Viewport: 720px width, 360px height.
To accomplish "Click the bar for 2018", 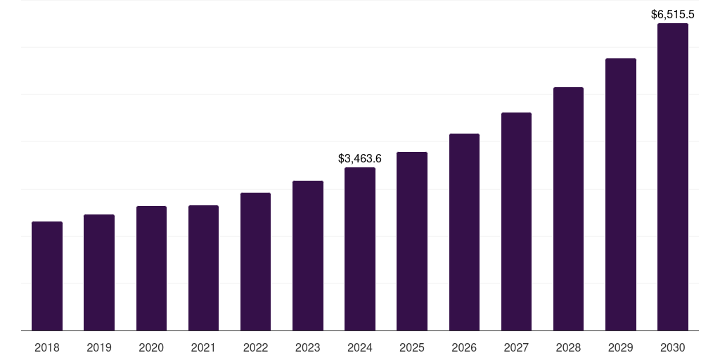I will point(47,276).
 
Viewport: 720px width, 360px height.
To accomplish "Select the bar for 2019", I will point(99,273).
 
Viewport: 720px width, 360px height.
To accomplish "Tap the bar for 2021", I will point(203,268).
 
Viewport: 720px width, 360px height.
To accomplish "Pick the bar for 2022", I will point(255,262).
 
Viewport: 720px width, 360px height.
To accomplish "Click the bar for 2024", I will point(360,249).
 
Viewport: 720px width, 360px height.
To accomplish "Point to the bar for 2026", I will point(464,232).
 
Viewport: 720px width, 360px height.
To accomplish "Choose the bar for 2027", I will point(516,221).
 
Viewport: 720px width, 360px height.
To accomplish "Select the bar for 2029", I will point(621,195).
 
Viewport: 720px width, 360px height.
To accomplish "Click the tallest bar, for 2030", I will point(673,177).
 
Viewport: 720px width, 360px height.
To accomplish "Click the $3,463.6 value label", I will point(360,159).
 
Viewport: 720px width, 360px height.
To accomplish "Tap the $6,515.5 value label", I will point(673,14).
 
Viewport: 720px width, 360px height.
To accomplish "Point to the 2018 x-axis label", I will point(47,347).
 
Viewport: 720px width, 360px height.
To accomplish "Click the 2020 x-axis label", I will point(151,347).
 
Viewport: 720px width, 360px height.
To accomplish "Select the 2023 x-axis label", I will point(308,347).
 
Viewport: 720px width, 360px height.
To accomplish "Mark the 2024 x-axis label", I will point(360,347).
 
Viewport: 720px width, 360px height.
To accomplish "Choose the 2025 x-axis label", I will point(412,347).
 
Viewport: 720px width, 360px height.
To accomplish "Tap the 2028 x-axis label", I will point(568,347).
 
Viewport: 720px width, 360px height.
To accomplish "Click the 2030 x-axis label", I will point(673,347).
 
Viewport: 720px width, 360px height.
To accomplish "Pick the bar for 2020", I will point(151,269).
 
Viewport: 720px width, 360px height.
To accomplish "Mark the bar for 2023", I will point(308,256).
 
